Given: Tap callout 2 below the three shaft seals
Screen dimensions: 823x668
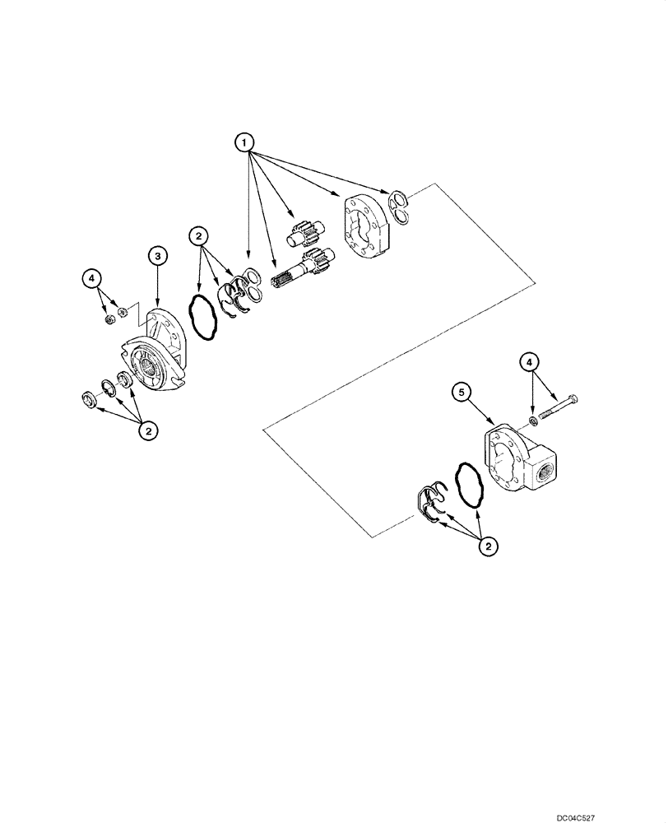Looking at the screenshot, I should pyautogui.click(x=148, y=429).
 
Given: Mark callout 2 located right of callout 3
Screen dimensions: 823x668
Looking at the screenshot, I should pyautogui.click(x=197, y=237).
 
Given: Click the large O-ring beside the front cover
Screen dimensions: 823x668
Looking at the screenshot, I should pyautogui.click(x=202, y=315).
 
